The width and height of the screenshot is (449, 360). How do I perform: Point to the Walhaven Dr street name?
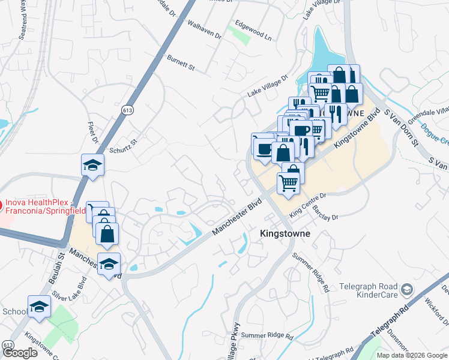[x=205, y=31]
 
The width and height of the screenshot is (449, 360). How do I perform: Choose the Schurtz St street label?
[x=123, y=146]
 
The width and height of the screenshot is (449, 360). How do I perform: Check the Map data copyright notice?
[x=412, y=355]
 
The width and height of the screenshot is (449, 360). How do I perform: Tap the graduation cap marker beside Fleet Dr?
[x=93, y=166]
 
